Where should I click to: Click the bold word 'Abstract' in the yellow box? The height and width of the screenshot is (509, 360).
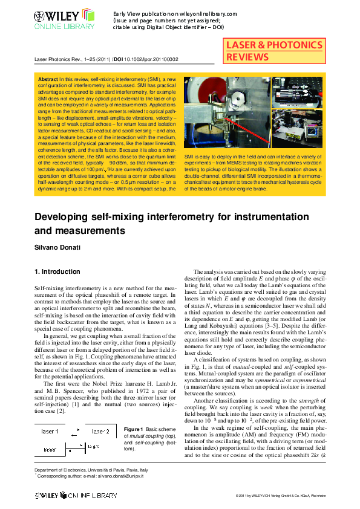point(48,79)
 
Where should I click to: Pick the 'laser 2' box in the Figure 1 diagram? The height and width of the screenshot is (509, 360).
point(101,432)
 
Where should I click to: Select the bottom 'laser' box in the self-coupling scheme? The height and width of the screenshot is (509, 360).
point(51,450)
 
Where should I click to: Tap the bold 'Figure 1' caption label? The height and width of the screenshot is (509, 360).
point(133,429)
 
